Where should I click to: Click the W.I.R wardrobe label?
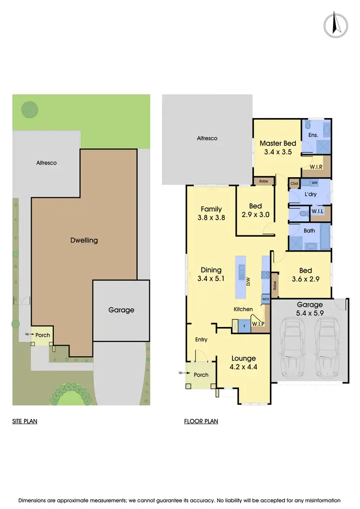click(x=315, y=167)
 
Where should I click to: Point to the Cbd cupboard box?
click(x=294, y=183)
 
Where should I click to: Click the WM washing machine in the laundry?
click(x=314, y=183)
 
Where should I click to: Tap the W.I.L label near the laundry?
click(x=317, y=211)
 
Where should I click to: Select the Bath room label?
click(x=310, y=230)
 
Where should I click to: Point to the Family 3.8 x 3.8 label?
click(x=211, y=213)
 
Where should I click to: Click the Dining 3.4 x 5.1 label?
click(x=211, y=274)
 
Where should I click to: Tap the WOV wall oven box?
click(x=265, y=299)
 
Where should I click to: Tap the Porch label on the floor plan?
click(x=201, y=375)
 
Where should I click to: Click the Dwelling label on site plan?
click(x=84, y=240)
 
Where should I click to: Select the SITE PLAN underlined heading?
click(x=25, y=422)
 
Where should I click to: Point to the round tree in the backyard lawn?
click(x=30, y=109)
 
